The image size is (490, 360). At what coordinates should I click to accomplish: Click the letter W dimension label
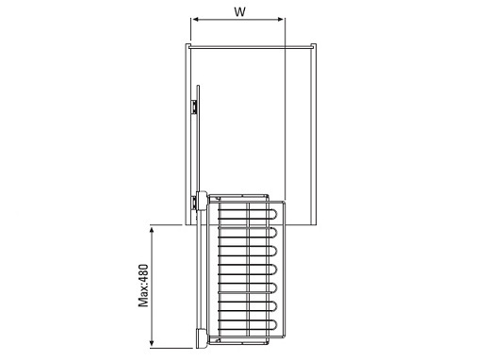click(x=239, y=11)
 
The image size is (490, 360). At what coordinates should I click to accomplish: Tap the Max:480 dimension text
click(x=143, y=286)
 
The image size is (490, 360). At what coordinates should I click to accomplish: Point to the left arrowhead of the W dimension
click(x=196, y=20)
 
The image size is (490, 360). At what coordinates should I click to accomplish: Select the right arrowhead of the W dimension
click(x=280, y=20)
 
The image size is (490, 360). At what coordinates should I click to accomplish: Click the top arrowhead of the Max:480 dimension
click(x=152, y=231)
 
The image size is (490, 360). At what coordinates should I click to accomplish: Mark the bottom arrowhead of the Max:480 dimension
click(x=152, y=342)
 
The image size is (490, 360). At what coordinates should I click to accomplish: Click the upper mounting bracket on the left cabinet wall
click(x=195, y=106)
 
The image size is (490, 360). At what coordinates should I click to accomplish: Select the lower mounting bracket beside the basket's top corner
click(x=195, y=203)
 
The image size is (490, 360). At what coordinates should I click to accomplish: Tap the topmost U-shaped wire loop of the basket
click(x=272, y=214)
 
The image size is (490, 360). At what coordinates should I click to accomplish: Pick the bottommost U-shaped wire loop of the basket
click(x=272, y=325)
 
